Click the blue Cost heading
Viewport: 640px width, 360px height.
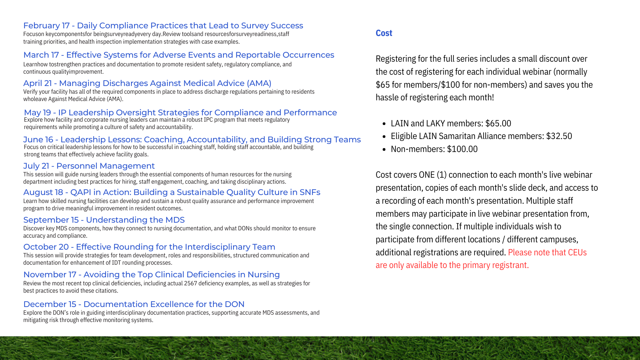tap(384, 33)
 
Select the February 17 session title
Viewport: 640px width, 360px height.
tap(163, 26)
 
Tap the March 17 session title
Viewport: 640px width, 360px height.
tap(179, 55)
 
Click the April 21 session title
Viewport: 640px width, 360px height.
tap(147, 83)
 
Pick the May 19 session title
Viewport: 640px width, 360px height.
tap(180, 113)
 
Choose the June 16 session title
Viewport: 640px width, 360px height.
tap(192, 140)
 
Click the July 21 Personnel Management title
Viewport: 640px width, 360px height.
tap(89, 166)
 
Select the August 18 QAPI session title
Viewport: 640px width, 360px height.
tap(172, 192)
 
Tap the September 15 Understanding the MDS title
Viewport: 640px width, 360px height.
tap(104, 220)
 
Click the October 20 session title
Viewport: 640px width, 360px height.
tap(149, 247)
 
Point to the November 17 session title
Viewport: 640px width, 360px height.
tap(151, 275)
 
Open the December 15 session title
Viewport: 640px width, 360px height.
tap(134, 304)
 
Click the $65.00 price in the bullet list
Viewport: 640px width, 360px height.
tap(498, 123)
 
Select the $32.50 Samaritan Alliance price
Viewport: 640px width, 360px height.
tap(559, 136)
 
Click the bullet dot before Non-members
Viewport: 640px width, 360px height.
tap(384, 149)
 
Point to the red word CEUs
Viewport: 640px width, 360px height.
tap(577, 252)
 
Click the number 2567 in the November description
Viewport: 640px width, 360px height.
tap(191, 283)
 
